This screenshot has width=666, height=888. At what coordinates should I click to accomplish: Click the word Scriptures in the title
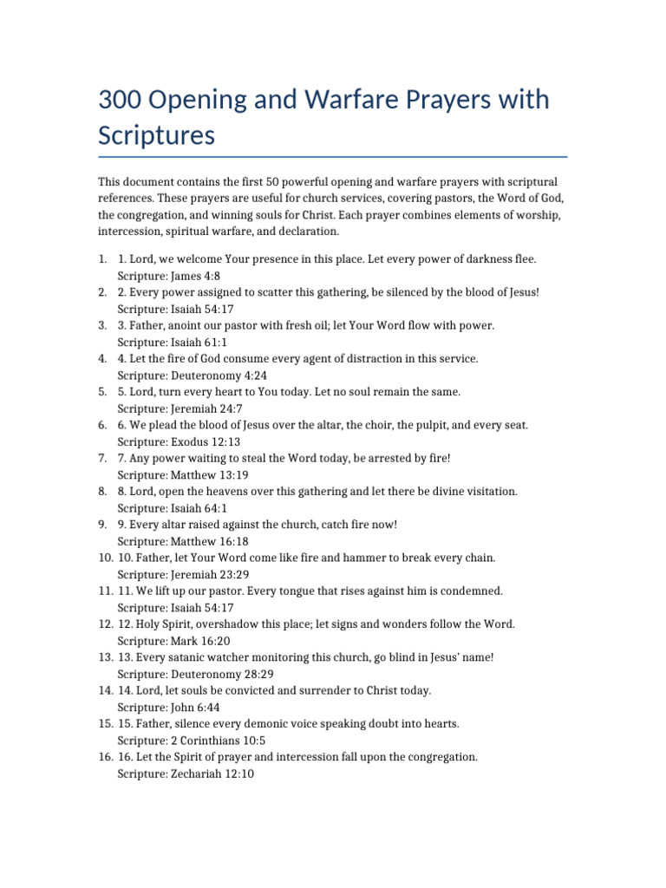coord(156,136)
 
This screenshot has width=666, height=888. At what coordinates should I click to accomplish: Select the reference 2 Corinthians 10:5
coord(219,741)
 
